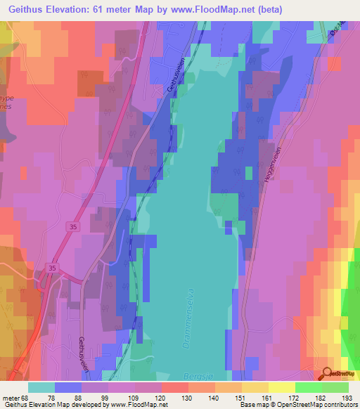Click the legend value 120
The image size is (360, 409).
[162, 397]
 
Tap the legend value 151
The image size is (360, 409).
[241, 397]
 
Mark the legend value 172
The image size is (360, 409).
[295, 397]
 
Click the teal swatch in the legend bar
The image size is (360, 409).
[41, 387]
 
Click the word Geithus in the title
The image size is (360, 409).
[26, 8]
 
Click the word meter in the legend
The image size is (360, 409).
[11, 397]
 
